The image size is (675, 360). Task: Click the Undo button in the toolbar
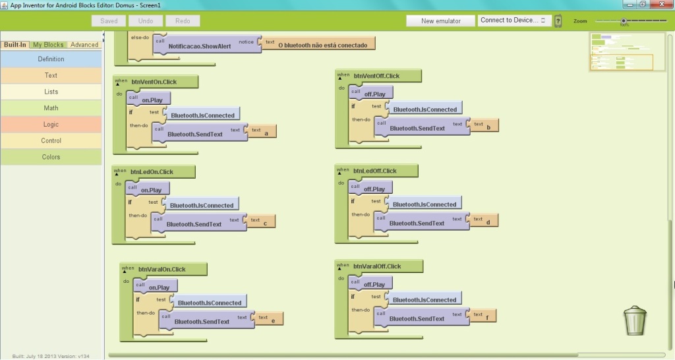(146, 21)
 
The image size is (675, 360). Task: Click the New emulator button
(441, 21)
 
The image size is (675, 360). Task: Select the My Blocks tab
(49, 45)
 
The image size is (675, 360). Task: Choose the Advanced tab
(84, 45)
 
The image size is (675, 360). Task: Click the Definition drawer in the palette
(51, 59)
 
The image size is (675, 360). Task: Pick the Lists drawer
(51, 92)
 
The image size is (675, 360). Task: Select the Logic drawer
(51, 124)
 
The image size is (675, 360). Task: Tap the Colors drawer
(51, 157)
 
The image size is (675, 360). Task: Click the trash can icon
(635, 320)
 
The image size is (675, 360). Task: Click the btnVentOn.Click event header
(154, 82)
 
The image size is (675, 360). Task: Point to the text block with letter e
(269, 318)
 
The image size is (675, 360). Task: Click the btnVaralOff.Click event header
(377, 266)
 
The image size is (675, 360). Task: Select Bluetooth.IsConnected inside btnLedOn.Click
(202, 206)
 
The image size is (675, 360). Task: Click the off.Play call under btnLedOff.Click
(374, 189)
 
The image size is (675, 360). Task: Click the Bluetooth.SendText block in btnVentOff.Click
(417, 129)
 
